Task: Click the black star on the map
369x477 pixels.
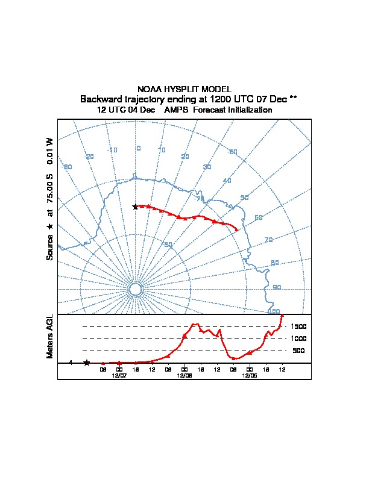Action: pos(135,207)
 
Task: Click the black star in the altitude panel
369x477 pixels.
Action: pos(87,363)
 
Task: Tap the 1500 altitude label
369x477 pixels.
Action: pos(298,326)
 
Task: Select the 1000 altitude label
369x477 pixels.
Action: pos(298,338)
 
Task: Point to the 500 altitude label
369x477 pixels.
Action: pos(298,351)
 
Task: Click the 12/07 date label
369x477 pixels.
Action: pos(119,375)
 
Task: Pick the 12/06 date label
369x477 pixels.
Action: pos(184,375)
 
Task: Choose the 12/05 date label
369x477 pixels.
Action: pos(250,375)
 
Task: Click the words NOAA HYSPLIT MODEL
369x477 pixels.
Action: pos(184,89)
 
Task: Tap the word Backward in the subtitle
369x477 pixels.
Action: pos(100,99)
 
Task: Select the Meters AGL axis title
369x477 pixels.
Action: pos(50,336)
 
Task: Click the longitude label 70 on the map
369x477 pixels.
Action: pos(268,240)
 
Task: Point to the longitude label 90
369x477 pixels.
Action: pos(277,287)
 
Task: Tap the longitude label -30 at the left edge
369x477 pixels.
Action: pos(68,167)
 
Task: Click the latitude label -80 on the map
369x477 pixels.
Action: pos(168,245)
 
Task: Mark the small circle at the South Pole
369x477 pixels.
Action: pos(135,290)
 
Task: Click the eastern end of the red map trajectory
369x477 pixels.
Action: pos(237,230)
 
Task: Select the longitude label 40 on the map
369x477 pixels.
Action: pos(227,181)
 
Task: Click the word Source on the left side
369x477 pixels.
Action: pos(50,248)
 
